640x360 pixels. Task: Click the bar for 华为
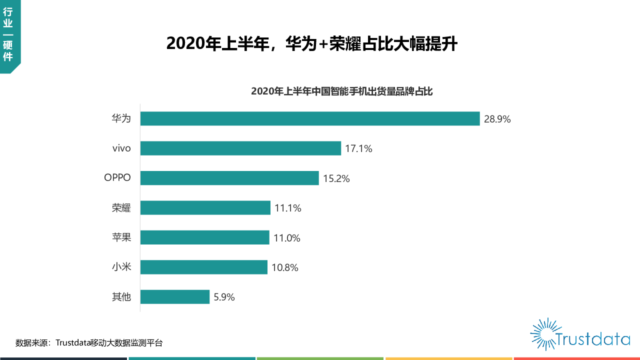(x=310, y=118)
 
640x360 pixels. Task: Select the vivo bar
(x=240, y=148)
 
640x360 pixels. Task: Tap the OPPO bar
(x=229, y=178)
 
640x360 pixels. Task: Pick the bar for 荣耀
(x=205, y=208)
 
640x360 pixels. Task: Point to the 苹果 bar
(x=204, y=237)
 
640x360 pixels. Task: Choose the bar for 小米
(x=203, y=267)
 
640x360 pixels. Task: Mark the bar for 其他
(x=174, y=297)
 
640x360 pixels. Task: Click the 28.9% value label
(x=497, y=119)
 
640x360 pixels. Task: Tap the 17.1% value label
(x=358, y=148)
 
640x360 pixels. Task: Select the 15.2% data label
(x=336, y=178)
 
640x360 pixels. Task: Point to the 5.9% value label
(x=224, y=297)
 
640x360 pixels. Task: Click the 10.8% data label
(x=285, y=267)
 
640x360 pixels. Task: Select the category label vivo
(x=121, y=148)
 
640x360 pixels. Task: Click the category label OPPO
(x=117, y=178)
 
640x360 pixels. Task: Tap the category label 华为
(x=121, y=118)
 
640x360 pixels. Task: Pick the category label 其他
(x=121, y=297)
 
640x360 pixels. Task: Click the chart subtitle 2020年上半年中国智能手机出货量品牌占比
(x=341, y=91)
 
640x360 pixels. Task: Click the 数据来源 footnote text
(x=89, y=343)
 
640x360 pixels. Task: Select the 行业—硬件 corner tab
(x=8, y=35)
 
